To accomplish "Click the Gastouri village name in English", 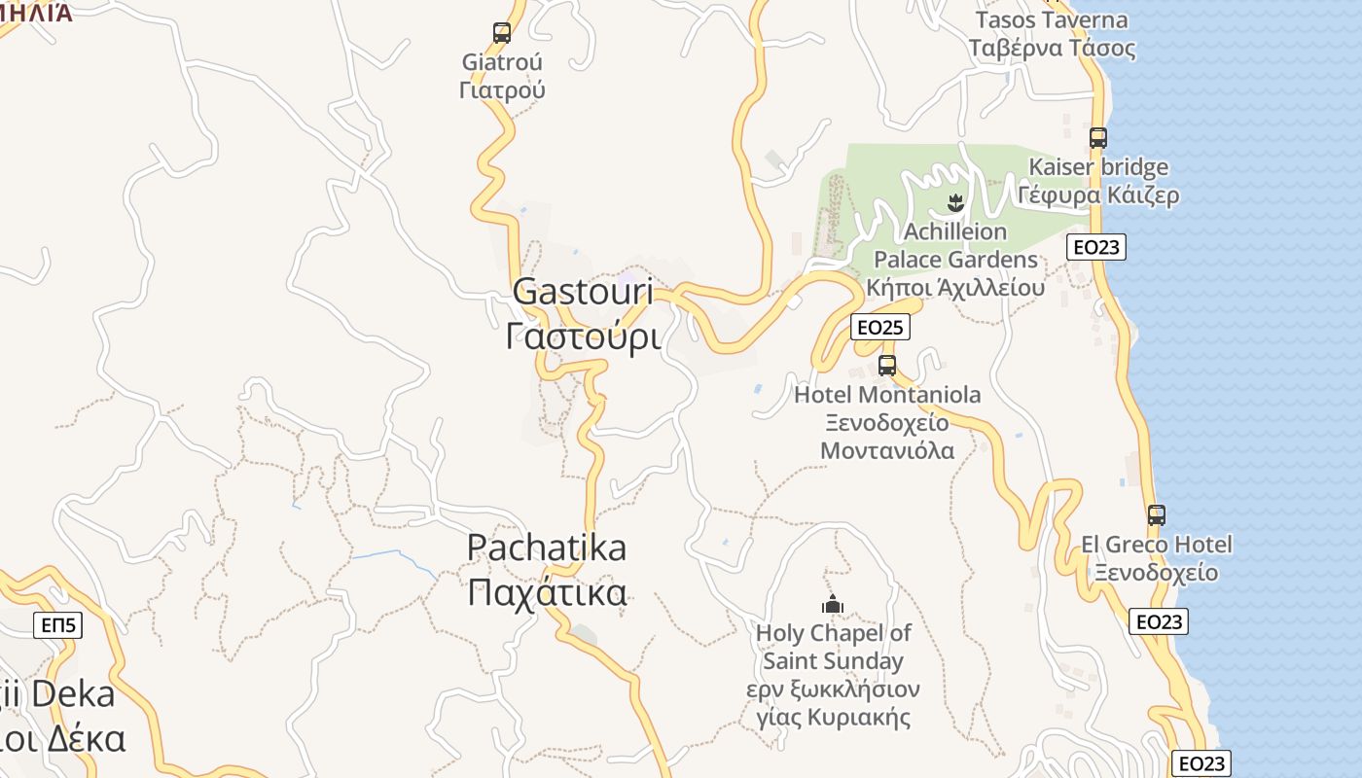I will click(581, 291).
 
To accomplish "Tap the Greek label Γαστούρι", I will click(584, 336).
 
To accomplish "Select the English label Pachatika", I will click(547, 548).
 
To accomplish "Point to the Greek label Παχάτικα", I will click(547, 592).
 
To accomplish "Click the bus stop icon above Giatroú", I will click(502, 33).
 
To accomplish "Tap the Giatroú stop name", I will click(502, 62).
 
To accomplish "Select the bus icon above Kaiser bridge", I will click(1098, 138).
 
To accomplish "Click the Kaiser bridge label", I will click(1098, 167).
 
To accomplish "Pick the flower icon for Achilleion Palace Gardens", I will click(954, 203).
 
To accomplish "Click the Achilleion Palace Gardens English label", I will click(955, 246).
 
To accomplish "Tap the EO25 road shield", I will click(879, 328).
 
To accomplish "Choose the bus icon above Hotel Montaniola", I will click(887, 366).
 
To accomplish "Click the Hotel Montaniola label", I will click(887, 395).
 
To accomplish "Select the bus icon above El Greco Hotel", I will click(1156, 515).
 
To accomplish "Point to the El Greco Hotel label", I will click(1156, 545).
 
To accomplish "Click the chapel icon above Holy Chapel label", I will click(833, 605).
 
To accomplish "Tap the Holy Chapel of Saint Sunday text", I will click(834, 647).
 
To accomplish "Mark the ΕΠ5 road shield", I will click(58, 625).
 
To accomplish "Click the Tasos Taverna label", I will click(1052, 20).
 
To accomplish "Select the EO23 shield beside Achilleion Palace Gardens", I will click(1096, 247).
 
